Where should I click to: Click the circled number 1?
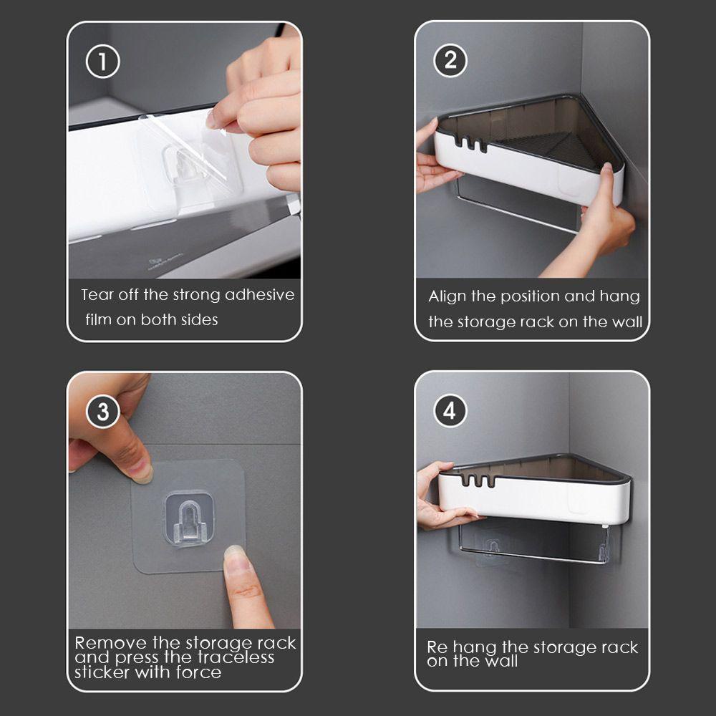[102, 62]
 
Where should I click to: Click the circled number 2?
[450, 60]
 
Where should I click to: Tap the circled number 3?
[102, 412]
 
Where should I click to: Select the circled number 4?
[450, 410]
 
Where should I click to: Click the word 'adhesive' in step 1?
[259, 294]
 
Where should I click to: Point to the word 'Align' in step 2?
[448, 297]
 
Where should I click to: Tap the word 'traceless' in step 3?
[236, 657]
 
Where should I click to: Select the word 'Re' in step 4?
[437, 647]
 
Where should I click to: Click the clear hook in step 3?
[189, 518]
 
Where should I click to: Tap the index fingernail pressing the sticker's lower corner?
[235, 558]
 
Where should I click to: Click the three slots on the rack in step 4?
[478, 481]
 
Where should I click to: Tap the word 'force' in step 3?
[198, 672]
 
